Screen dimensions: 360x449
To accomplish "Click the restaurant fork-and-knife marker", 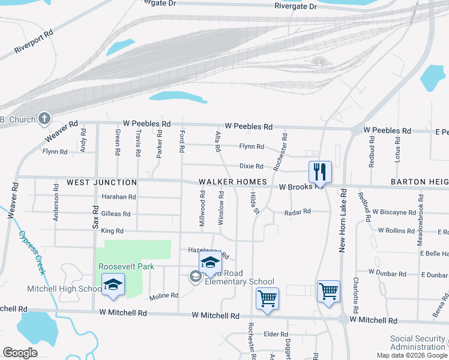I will (x=319, y=172).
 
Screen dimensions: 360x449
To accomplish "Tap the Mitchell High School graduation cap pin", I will (x=112, y=286).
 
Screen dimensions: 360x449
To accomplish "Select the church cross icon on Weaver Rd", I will (x=44, y=118).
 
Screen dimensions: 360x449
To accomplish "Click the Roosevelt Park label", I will (x=127, y=266).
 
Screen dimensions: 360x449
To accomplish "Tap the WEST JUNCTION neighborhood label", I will (x=101, y=182).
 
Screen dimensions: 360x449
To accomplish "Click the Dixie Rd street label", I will (x=252, y=166).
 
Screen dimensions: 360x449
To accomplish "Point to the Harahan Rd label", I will (x=119, y=197).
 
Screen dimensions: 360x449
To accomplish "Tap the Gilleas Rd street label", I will (x=116, y=214).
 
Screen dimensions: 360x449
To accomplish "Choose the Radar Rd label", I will (x=298, y=212).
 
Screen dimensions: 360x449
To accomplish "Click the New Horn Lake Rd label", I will (x=344, y=220).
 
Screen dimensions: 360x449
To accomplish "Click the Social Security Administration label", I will (x=418, y=343).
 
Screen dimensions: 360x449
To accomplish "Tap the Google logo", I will (x=21, y=353).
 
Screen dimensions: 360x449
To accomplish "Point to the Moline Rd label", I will (x=164, y=295).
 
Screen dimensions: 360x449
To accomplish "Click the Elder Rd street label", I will (x=276, y=334).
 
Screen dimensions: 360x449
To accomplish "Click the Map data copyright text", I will (x=411, y=355).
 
